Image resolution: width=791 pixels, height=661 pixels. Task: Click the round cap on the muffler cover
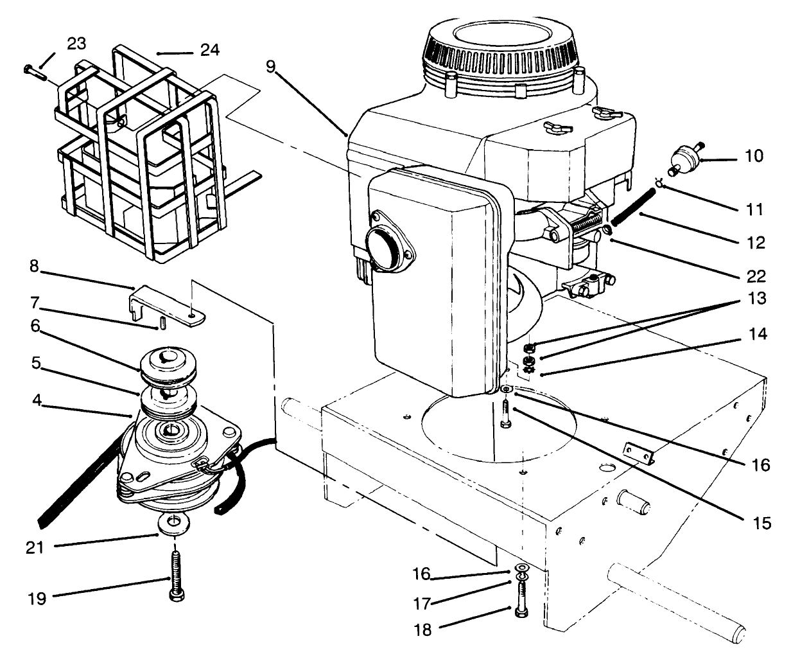[381, 244]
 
